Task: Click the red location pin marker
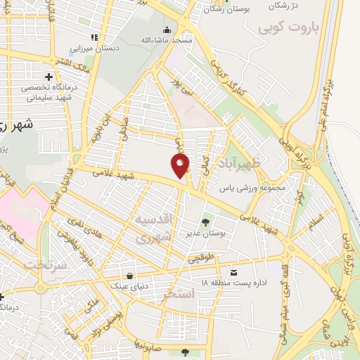pos(180,165)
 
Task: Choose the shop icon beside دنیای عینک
pos(129,275)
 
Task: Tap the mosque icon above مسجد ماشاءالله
pos(167,29)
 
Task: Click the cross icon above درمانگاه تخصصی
pos(48,76)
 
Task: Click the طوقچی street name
pos(200,259)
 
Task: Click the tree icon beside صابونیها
pos(185,352)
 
